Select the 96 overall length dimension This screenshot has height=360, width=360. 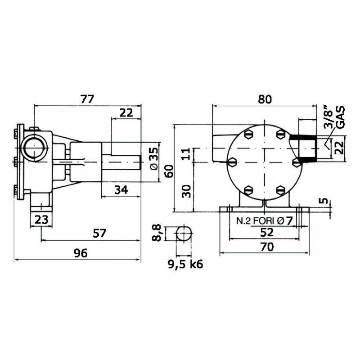tap(80, 253)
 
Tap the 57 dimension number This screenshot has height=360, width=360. tap(100, 234)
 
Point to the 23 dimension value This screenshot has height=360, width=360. tap(41, 220)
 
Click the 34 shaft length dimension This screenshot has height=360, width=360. tap(121, 190)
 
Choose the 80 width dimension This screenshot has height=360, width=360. tap(265, 99)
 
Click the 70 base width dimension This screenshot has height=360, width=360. tap(267, 247)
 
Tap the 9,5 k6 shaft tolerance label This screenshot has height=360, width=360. tap(185, 265)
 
